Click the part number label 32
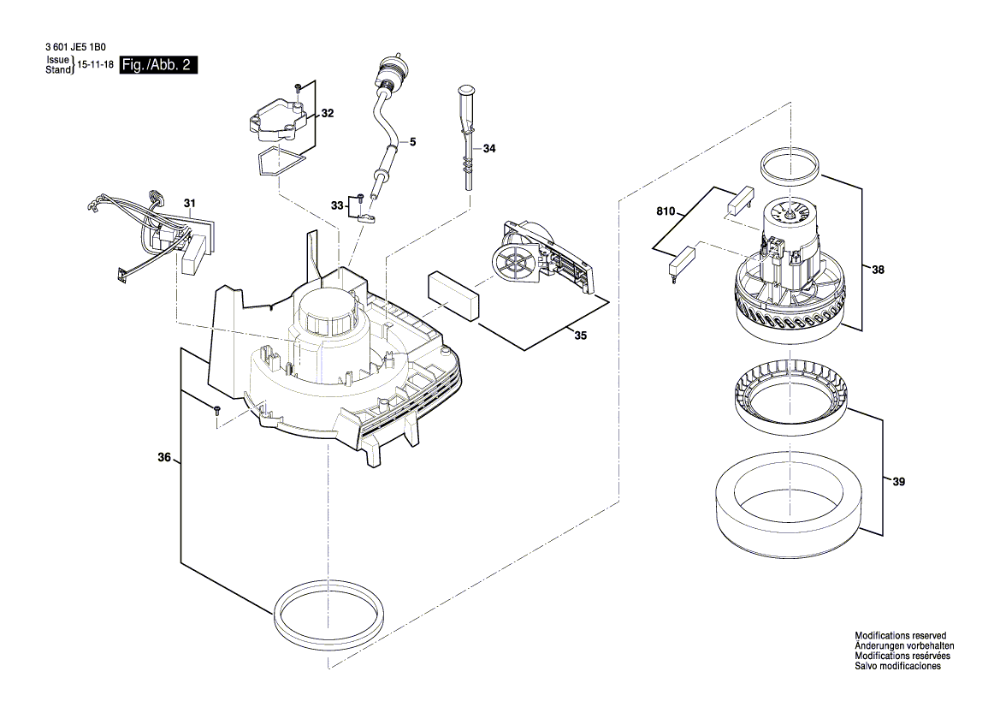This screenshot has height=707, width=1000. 328,113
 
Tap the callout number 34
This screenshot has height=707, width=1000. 489,149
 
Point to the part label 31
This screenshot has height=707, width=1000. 190,203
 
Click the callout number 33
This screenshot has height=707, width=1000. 337,205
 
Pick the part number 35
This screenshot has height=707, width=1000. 581,336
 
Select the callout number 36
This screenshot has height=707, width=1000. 164,458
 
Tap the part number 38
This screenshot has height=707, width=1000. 879,270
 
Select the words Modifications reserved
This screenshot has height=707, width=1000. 900,636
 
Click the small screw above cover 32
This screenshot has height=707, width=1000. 297,86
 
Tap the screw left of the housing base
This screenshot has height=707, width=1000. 216,410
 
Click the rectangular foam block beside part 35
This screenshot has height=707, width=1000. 454,295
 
